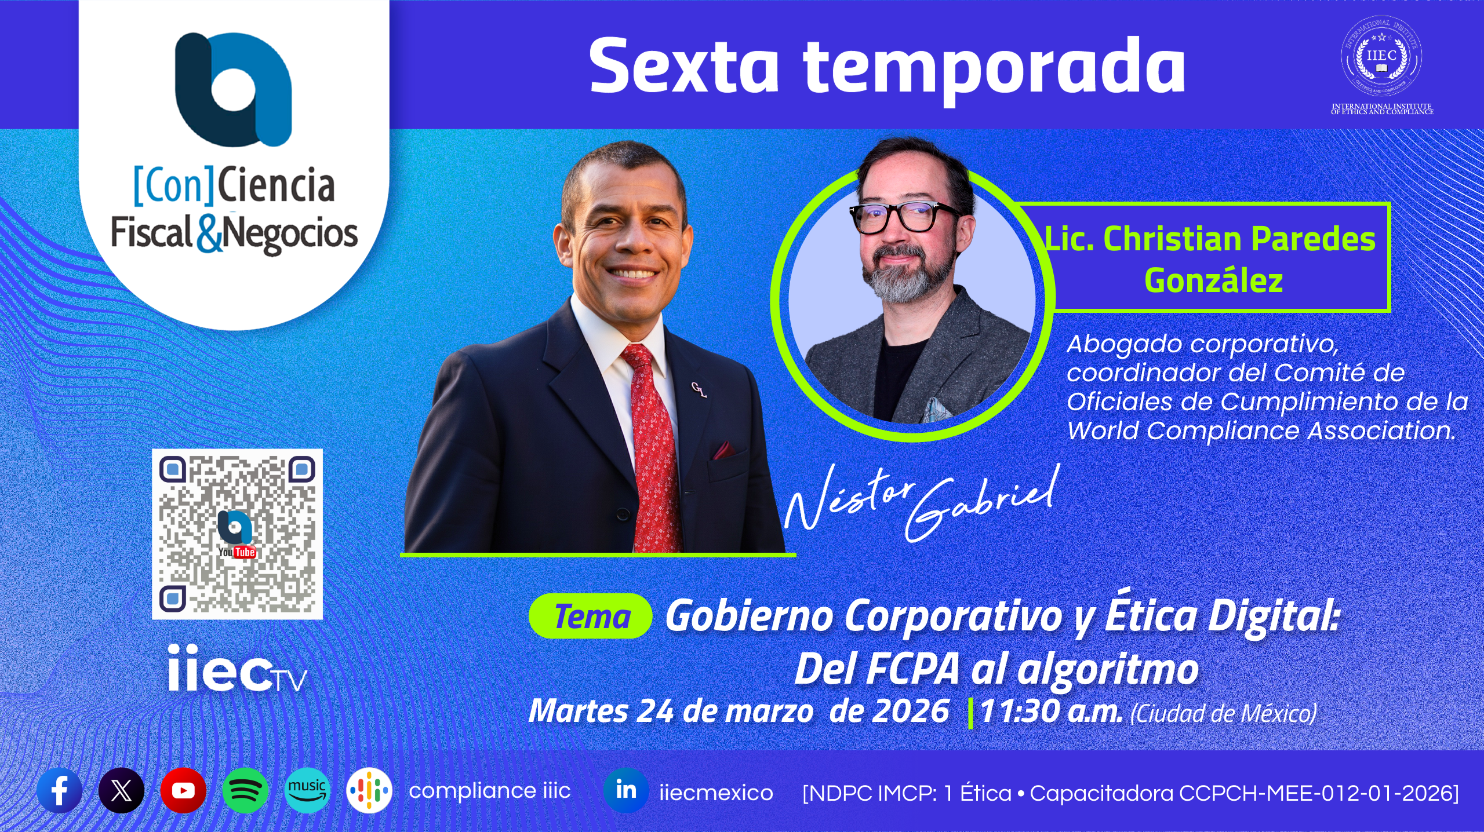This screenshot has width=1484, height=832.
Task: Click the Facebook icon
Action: pyautogui.click(x=59, y=790)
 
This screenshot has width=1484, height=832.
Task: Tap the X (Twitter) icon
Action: pyautogui.click(x=121, y=790)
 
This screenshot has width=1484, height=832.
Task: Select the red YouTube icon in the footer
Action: pyautogui.click(x=183, y=790)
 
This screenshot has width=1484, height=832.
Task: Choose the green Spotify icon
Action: pyautogui.click(x=245, y=790)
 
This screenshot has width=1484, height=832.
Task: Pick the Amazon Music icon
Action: pyautogui.click(x=307, y=790)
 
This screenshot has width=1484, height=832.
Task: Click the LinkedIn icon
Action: pyautogui.click(x=626, y=790)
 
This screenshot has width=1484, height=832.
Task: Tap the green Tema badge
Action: pyautogui.click(x=591, y=616)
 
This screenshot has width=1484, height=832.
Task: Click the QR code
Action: pyautogui.click(x=237, y=534)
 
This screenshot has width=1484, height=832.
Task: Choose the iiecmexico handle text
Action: pyautogui.click(x=716, y=793)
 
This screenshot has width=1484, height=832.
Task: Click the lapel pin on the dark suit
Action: pyautogui.click(x=700, y=390)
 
